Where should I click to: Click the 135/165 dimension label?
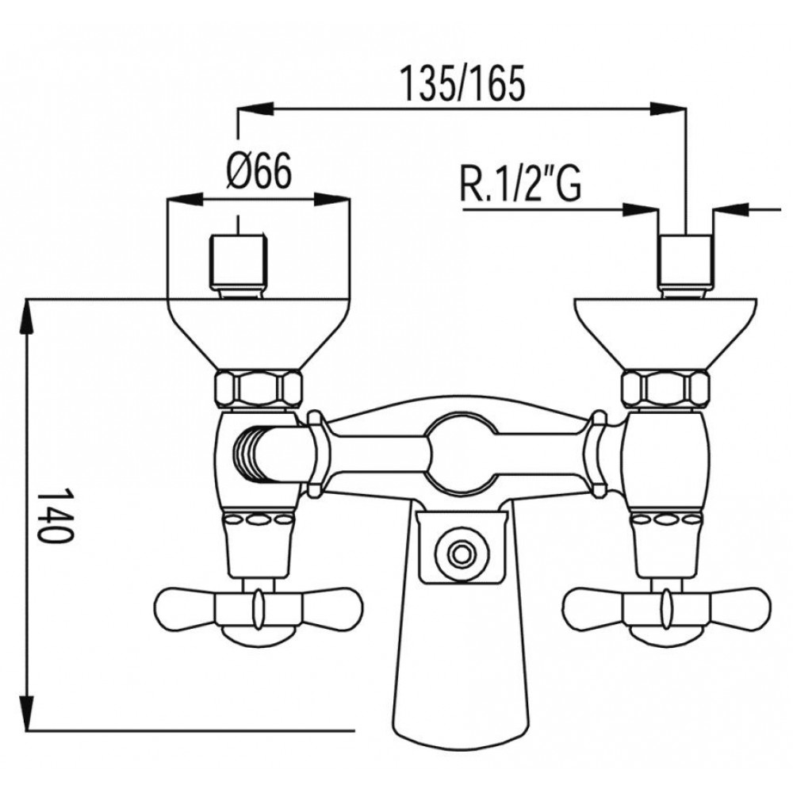[x=462, y=83]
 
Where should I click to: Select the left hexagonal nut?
[x=259, y=389]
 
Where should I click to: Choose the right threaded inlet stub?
[x=685, y=266]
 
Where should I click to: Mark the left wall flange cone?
[x=259, y=335]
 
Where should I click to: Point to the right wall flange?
[x=666, y=335]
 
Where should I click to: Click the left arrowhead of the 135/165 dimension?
[x=255, y=109]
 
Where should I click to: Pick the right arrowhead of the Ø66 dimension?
[x=332, y=200]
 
